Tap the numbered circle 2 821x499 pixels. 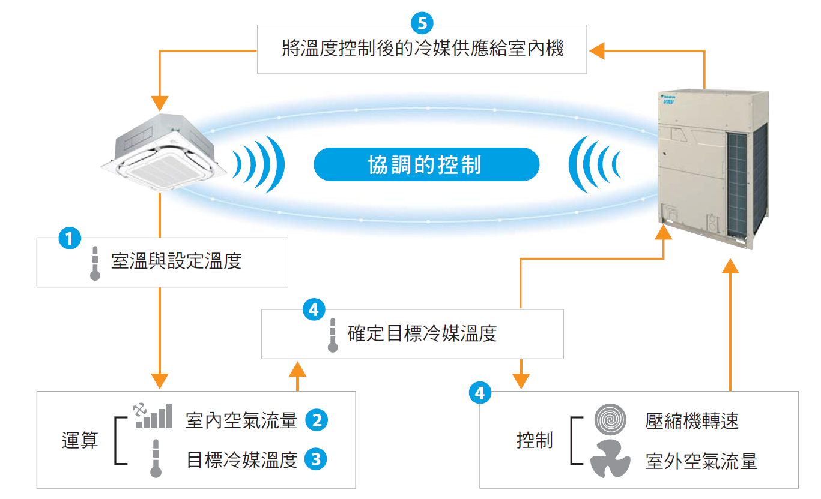(x=316, y=420)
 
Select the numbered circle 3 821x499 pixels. (x=316, y=460)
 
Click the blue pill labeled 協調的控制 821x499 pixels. (x=426, y=164)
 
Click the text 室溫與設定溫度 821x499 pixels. (x=176, y=261)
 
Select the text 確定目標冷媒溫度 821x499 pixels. (x=422, y=333)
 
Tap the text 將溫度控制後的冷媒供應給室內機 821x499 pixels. (x=422, y=48)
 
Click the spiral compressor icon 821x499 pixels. (x=610, y=420)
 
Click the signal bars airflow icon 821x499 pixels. (x=153, y=416)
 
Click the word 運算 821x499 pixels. (x=79, y=441)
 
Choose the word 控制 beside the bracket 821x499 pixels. (x=534, y=441)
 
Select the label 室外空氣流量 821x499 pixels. (x=701, y=461)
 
